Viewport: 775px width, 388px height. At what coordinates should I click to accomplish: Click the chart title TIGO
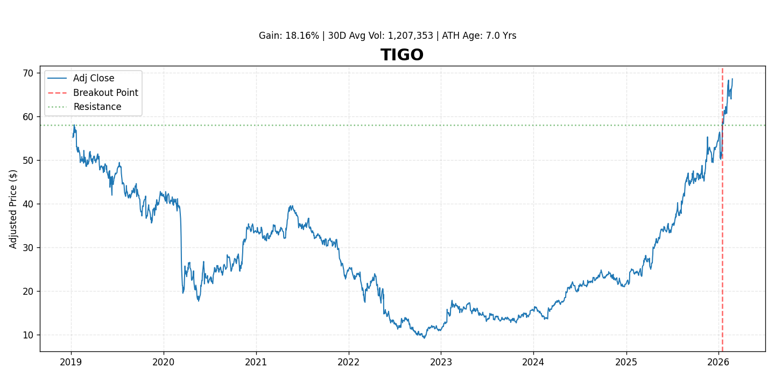402,56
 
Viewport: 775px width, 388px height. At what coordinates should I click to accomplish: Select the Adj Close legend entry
94,79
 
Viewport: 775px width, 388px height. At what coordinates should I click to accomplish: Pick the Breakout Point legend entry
105,93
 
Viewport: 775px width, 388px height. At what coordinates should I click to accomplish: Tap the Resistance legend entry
97,107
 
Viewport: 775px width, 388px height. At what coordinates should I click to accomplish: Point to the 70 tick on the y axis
27,73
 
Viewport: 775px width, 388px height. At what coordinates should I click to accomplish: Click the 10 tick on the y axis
27,335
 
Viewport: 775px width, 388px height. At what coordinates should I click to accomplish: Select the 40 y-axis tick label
27,204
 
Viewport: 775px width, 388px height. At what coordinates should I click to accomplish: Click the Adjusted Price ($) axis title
13,209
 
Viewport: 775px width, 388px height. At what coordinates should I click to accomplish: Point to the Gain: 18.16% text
288,36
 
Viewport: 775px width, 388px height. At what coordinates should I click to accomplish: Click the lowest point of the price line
424,338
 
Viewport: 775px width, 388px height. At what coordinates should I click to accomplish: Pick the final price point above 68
732,79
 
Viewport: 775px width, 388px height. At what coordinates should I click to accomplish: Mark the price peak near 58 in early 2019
74,126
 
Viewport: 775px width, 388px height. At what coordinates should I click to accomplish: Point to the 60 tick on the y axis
27,117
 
